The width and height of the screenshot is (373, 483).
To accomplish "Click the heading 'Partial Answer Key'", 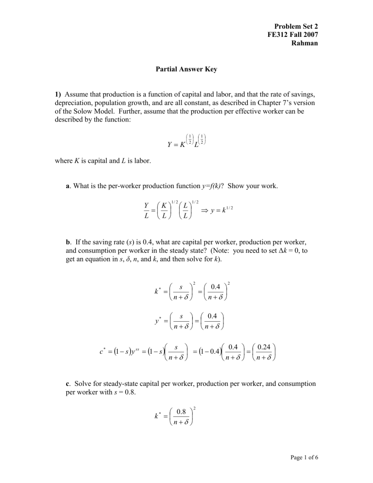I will click(x=186, y=69).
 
